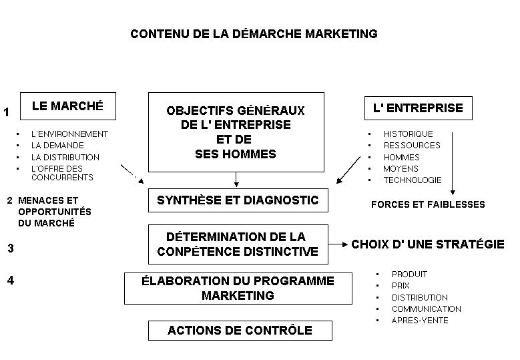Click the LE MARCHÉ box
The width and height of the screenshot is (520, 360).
68,106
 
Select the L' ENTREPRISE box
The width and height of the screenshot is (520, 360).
418,108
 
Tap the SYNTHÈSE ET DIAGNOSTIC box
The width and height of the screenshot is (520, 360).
238,200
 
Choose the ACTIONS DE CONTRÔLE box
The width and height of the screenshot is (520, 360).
240,331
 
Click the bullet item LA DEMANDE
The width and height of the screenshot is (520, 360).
57,146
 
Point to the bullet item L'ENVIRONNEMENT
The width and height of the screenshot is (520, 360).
69,134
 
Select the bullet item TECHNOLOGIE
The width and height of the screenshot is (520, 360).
413,180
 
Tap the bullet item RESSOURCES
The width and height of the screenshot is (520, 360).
412,146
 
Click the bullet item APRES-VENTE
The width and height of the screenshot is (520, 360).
420,321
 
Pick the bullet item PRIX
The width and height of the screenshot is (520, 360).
401,286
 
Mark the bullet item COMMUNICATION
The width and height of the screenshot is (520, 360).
427,309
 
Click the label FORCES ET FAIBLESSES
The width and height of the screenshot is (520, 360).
428,204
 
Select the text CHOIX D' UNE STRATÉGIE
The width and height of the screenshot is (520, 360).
428,244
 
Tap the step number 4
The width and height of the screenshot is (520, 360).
11,281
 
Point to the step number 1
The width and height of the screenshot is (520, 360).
6,112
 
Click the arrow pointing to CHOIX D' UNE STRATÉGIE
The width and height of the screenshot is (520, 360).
338,244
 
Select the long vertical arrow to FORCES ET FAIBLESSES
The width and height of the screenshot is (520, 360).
453,164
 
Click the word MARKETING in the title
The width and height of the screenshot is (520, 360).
341,34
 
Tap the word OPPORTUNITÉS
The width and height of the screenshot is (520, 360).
55,212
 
